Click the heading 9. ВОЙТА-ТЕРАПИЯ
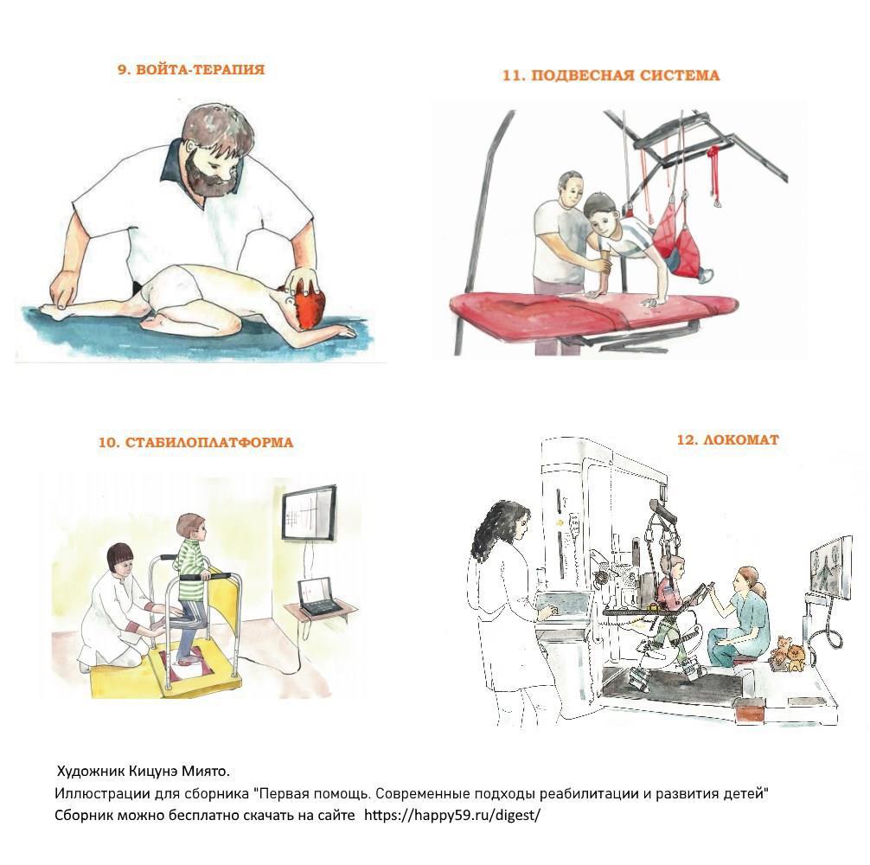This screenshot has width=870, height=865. (x=191, y=69)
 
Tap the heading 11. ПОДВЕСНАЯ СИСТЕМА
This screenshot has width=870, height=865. (x=611, y=75)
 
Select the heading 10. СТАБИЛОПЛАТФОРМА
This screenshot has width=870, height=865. (x=195, y=443)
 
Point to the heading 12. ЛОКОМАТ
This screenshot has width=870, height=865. (x=728, y=440)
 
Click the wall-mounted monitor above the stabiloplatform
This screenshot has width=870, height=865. (x=309, y=513)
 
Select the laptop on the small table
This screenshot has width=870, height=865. (x=320, y=598)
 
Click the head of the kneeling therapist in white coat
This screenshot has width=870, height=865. (x=118, y=560)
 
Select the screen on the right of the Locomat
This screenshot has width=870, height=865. (x=830, y=568)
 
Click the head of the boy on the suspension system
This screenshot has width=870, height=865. (x=601, y=214)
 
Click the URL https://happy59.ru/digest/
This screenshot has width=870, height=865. (x=451, y=815)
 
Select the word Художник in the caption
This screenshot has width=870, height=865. (x=91, y=772)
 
